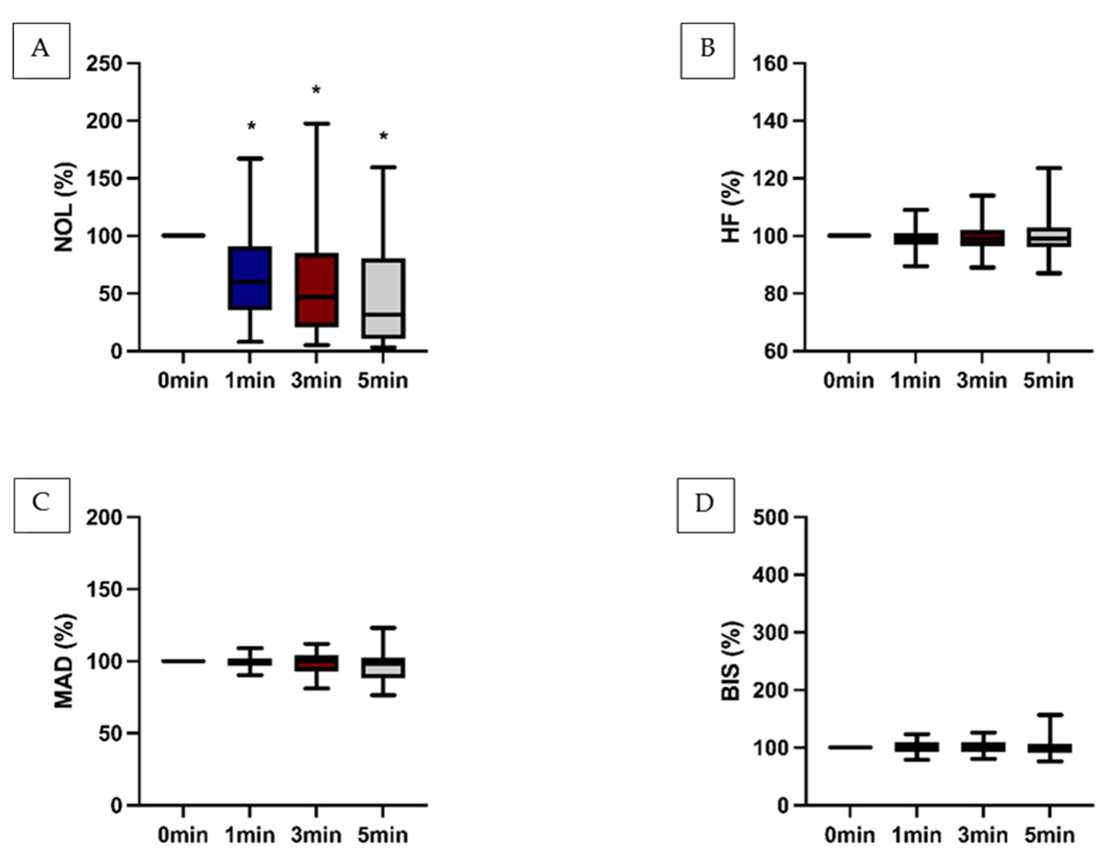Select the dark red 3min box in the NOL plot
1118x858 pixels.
click(316, 289)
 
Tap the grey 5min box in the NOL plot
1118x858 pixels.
click(383, 298)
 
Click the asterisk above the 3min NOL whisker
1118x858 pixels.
click(316, 91)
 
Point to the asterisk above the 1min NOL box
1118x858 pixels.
click(251, 127)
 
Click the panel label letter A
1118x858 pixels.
click(41, 50)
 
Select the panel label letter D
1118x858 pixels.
click(705, 504)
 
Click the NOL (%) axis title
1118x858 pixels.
click(64, 207)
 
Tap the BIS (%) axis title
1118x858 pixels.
click(731, 661)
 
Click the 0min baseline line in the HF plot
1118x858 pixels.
click(849, 236)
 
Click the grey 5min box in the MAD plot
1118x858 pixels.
click(383, 668)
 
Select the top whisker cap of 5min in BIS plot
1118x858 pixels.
click(1050, 715)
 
